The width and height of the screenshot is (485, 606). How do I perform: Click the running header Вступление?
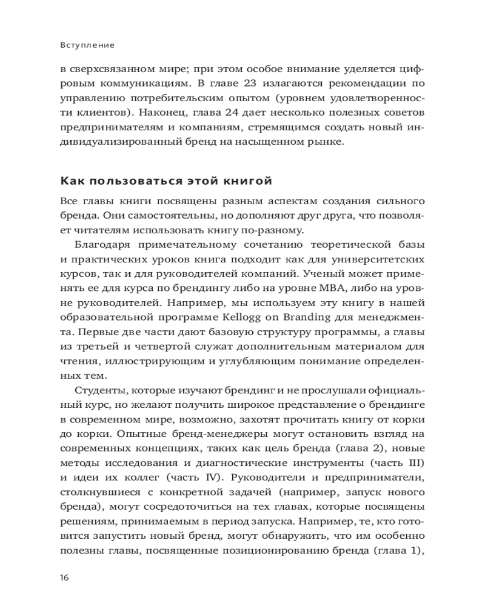(x=89, y=45)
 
